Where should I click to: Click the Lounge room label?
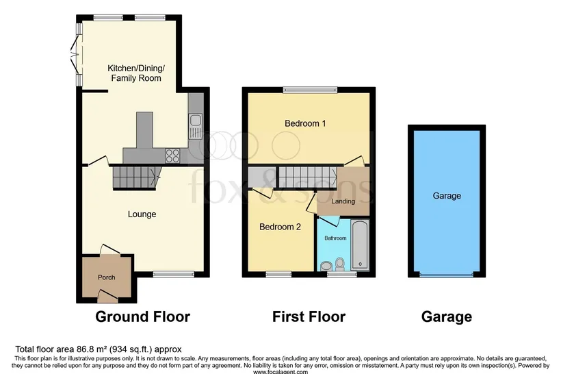142,214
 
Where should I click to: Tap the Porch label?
107,277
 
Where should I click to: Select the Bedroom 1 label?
305,123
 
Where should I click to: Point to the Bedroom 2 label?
280,227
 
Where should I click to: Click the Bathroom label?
335,238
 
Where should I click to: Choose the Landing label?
343,201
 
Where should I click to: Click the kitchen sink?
196,127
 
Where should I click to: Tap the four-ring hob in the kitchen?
172,156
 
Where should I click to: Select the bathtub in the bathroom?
360,245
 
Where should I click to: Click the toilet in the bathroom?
340,264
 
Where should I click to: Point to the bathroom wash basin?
326,266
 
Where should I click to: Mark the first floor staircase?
308,177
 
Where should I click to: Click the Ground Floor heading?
142,316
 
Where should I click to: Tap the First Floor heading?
309,316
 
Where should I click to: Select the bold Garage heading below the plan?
447,316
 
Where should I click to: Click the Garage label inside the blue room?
447,196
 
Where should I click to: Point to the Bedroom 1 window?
310,90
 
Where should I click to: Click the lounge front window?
174,275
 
